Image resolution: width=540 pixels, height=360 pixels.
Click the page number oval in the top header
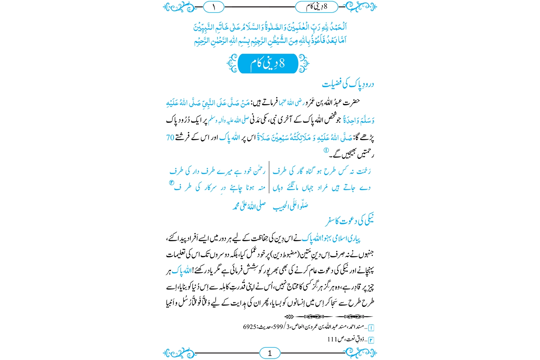[213, 7]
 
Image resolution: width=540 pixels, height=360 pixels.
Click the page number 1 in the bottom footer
[270, 353]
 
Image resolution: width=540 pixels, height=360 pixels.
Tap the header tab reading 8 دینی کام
[316, 7]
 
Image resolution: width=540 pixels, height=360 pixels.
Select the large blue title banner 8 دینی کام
[268, 64]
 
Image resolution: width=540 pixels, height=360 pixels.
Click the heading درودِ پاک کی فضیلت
[348, 84]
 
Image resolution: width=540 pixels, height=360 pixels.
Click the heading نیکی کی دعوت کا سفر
[350, 221]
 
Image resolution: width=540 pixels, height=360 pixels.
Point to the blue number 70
[170, 138]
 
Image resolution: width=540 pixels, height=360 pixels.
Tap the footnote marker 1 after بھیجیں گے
[326, 150]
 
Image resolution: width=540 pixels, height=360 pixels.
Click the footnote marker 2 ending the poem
[171, 183]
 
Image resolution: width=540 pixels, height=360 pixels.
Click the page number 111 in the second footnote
[332, 339]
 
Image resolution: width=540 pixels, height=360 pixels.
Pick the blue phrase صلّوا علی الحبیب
[290, 206]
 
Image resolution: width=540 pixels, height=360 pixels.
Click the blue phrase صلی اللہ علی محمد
[249, 206]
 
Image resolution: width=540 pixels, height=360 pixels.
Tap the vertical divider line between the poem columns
[269, 177]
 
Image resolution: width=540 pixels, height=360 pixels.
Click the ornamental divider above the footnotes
[328, 316]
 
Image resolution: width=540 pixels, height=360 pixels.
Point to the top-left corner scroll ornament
[178, 7]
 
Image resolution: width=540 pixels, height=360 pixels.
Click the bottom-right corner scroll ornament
[361, 353]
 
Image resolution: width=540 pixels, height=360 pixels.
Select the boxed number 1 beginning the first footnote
[371, 328]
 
